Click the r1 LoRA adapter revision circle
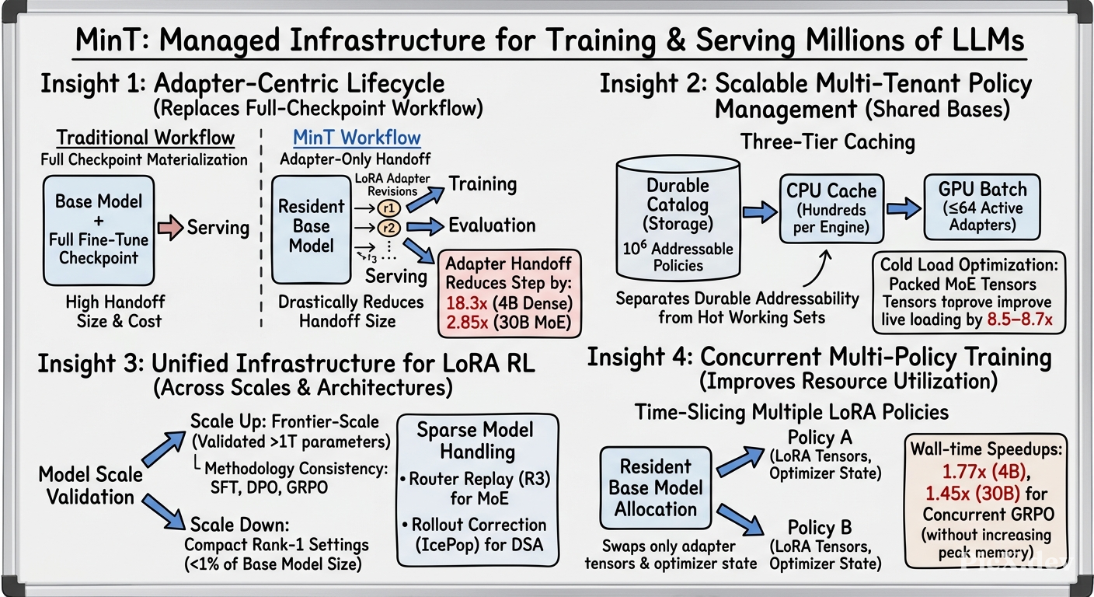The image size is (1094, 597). (388, 208)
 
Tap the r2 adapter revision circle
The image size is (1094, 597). (388, 228)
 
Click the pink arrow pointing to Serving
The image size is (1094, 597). (170, 228)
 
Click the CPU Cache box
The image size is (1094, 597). (831, 208)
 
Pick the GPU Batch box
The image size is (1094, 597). (982, 207)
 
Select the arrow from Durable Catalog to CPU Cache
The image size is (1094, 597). (759, 211)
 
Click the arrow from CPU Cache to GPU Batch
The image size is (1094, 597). (904, 208)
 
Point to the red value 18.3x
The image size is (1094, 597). (466, 303)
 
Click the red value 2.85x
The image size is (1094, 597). (466, 323)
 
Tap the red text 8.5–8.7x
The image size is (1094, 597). (1019, 319)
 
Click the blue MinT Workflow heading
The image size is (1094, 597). (357, 138)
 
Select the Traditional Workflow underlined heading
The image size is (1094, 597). (145, 138)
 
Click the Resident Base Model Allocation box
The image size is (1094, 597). (656, 487)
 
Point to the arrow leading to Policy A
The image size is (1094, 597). (740, 462)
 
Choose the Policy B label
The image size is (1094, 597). (820, 528)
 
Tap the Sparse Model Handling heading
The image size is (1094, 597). (476, 441)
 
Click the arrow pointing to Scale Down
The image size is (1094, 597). (164, 511)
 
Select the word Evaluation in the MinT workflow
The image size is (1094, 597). (492, 225)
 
